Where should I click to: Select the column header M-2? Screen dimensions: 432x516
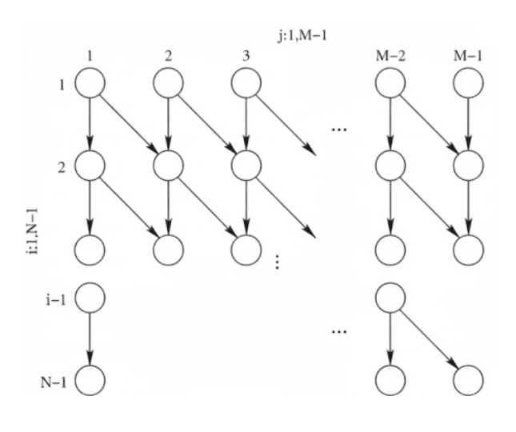pos(390,57)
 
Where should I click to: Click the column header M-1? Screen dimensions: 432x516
pos(467,57)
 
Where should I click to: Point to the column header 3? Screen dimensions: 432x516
pos(245,57)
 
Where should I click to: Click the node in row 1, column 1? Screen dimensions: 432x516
pos(90,82)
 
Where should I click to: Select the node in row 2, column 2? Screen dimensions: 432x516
pos(169,166)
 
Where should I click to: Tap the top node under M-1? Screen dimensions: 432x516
pos(467,82)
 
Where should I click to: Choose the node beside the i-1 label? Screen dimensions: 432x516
pos(90,299)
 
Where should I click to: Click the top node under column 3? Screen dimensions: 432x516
pos(246,82)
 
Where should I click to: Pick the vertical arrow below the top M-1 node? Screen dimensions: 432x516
pos(467,124)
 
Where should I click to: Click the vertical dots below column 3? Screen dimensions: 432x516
pos(277,262)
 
